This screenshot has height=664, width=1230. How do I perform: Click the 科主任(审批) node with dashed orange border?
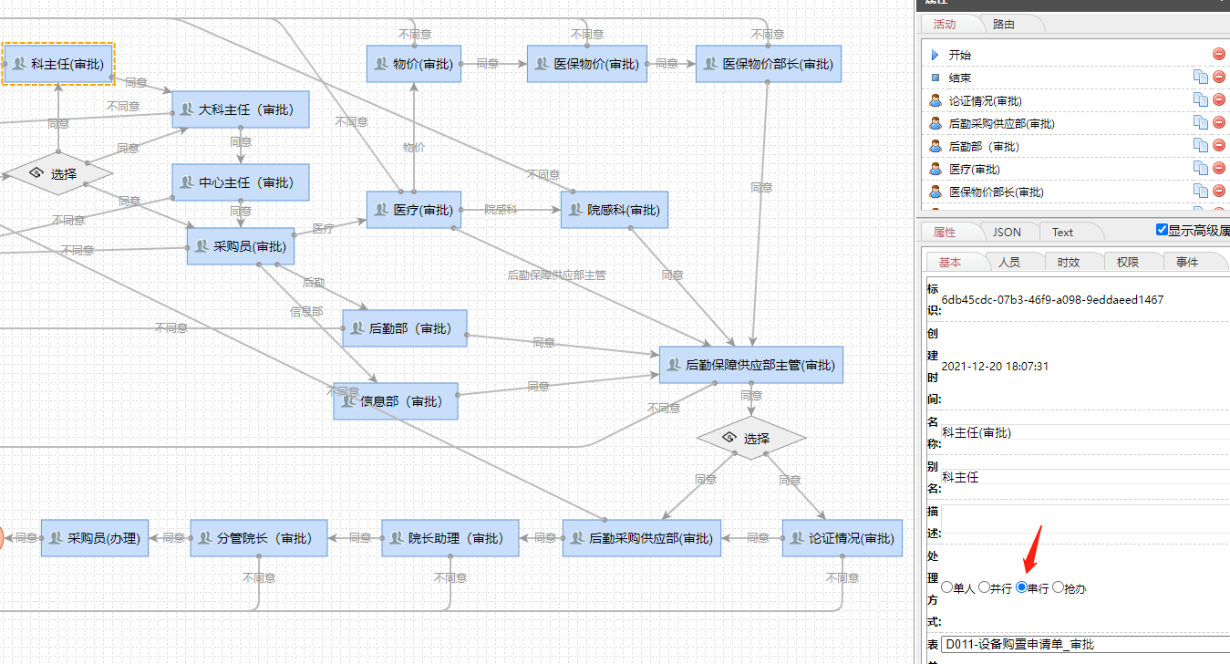(x=58, y=64)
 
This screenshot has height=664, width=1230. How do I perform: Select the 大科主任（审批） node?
(x=241, y=109)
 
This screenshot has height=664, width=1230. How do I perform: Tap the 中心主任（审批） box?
(x=241, y=182)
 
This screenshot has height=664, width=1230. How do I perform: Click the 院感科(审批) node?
(x=615, y=210)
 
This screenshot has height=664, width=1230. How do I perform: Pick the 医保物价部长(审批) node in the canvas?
(x=768, y=64)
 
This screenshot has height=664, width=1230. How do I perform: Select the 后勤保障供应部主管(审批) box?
(x=749, y=365)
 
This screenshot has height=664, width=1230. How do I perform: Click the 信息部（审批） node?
(x=396, y=401)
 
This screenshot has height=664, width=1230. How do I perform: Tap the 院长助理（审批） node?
(x=450, y=538)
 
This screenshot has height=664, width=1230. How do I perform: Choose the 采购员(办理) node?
(x=95, y=538)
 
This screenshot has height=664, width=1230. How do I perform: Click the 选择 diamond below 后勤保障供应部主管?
(x=751, y=439)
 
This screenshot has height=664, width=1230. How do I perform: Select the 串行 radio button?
(x=1022, y=588)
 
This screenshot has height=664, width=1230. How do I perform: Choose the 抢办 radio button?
(x=1059, y=588)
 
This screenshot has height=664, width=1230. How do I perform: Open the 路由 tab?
(x=1003, y=25)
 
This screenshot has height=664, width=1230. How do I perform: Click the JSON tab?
(x=1007, y=232)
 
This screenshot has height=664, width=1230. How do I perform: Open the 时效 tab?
(x=1068, y=262)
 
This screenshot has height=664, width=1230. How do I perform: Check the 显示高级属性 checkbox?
(x=1162, y=230)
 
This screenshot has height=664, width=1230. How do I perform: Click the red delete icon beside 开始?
(x=1219, y=55)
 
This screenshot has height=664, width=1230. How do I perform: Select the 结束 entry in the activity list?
(x=959, y=78)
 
